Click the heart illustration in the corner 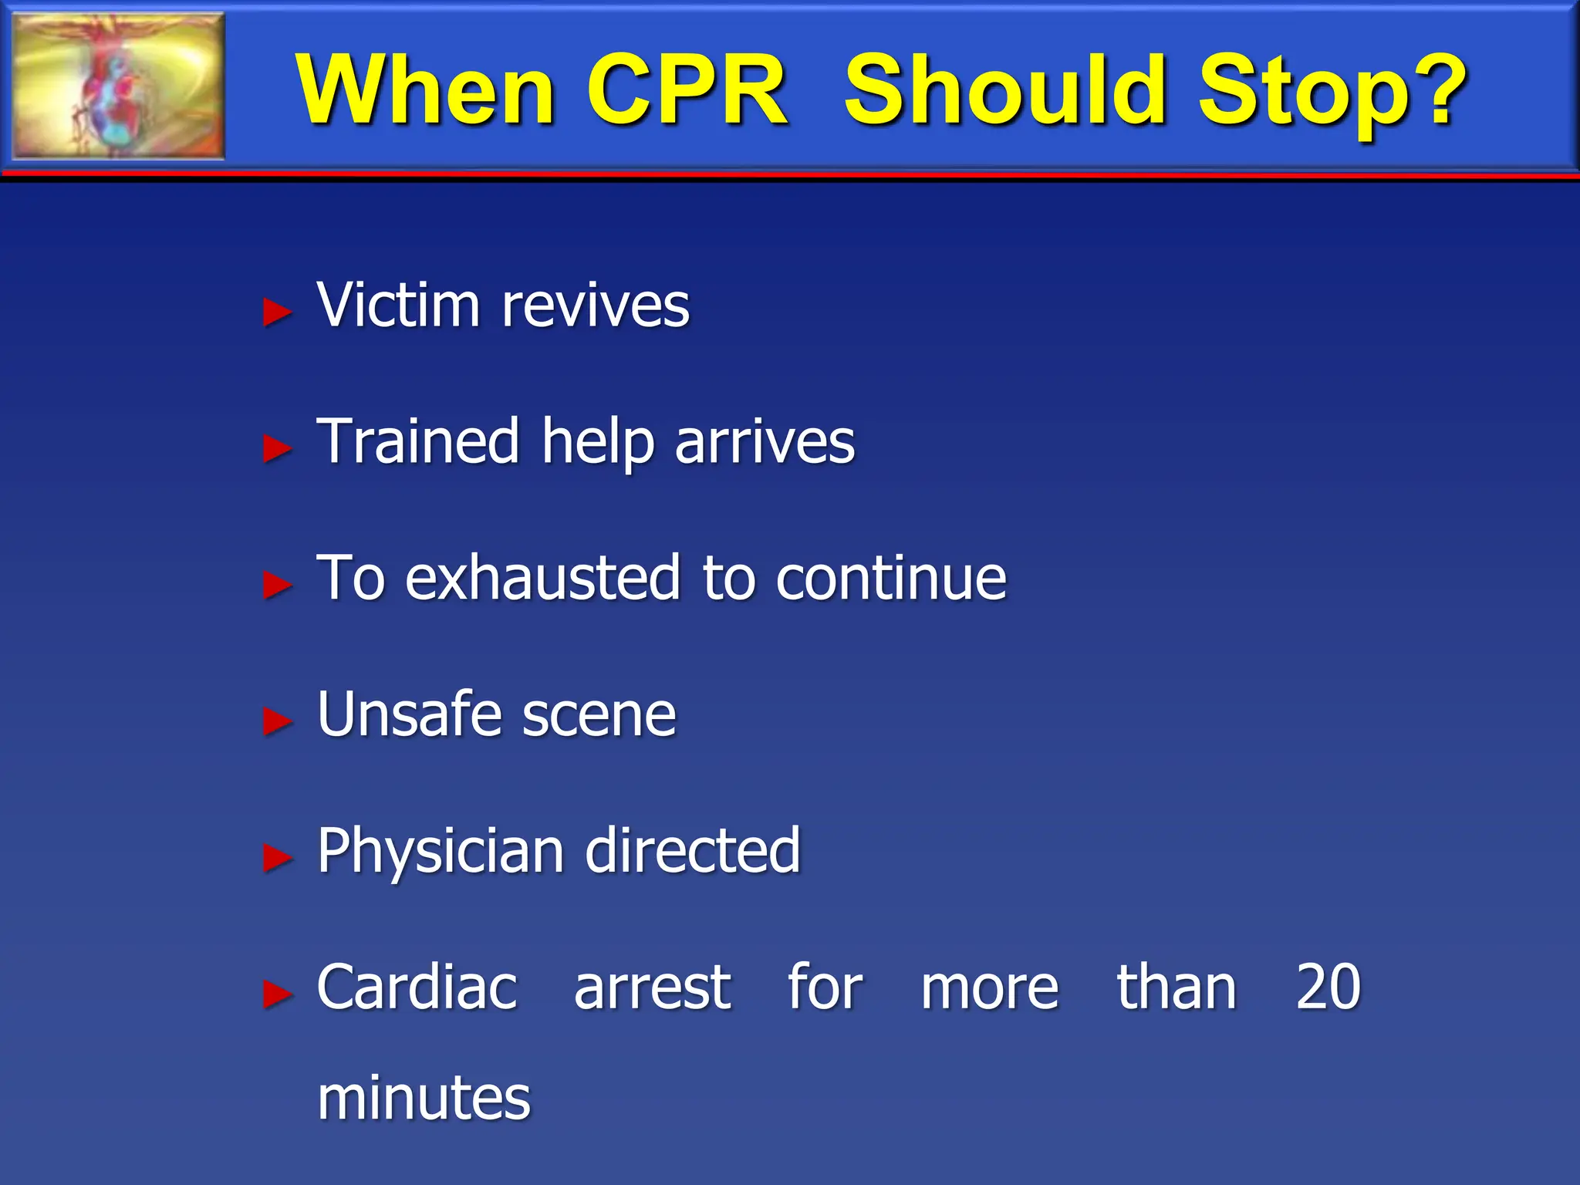[118, 86]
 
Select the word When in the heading [425, 90]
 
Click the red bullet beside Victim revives [277, 312]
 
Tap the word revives [595, 306]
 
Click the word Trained [418, 441]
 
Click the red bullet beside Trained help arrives [277, 448]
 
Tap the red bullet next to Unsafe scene [277, 721]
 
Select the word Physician [441, 852]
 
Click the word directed [693, 850]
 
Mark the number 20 [1328, 987]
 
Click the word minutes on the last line [424, 1098]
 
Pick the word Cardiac [417, 987]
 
